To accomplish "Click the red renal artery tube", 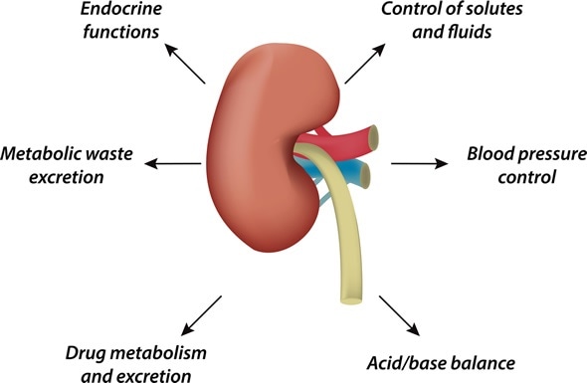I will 338,139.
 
